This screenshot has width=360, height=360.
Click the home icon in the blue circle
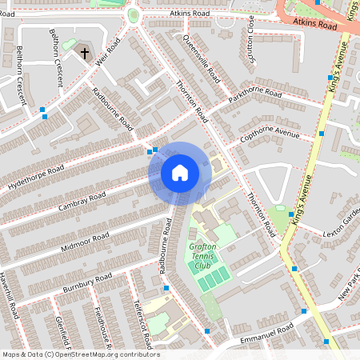[180, 173]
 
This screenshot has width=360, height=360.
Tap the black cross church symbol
[85, 54]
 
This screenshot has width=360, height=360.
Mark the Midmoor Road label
[84, 241]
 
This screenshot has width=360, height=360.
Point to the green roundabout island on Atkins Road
[133, 16]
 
